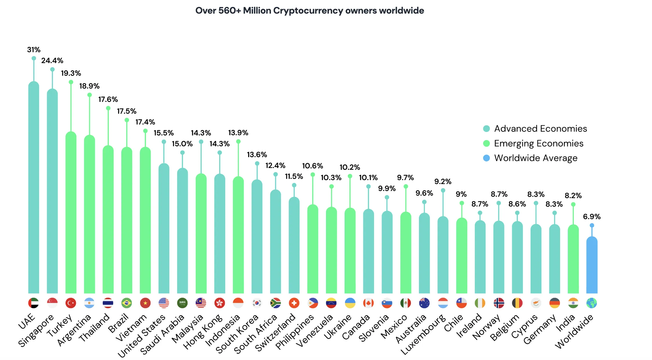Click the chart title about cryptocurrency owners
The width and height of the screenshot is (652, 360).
point(309,11)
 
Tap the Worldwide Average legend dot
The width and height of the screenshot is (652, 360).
point(486,158)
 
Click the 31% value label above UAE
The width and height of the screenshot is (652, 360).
point(34,50)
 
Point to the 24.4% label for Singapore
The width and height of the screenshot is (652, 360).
point(52,60)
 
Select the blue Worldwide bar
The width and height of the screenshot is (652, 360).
point(592,265)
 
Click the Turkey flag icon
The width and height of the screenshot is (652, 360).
point(71,303)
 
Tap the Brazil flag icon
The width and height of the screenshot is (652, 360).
point(127,303)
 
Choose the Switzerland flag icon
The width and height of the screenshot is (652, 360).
point(294,303)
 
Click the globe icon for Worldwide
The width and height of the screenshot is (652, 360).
point(592,303)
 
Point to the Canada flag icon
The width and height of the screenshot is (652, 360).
point(368,303)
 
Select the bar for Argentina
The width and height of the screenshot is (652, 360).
point(89,214)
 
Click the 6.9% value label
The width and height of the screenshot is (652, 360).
point(592,217)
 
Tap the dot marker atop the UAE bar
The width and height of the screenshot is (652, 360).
point(34,58)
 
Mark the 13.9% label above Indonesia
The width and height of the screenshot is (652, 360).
point(238,133)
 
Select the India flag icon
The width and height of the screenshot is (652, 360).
point(573,303)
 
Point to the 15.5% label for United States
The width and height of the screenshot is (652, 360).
point(164,133)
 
